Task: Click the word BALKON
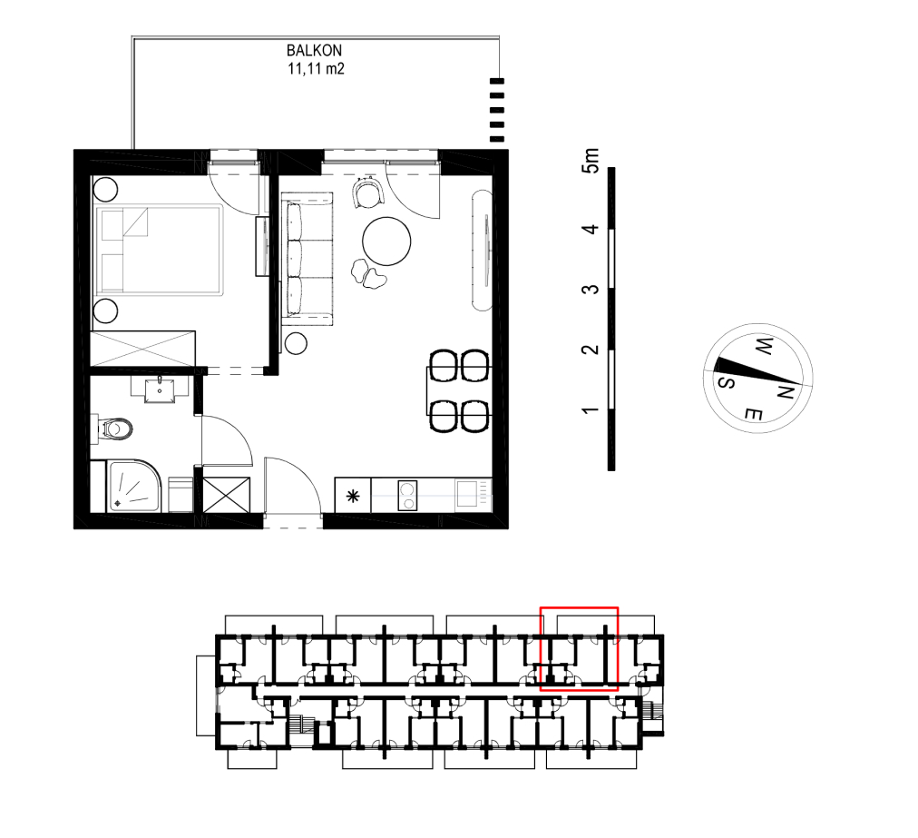pos(314,51)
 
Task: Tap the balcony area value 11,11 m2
pos(316,69)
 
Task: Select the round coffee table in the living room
pos(386,241)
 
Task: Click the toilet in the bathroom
pos(116,429)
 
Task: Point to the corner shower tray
pos(134,486)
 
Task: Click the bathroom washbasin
pos(160,389)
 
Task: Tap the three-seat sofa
pos(308,259)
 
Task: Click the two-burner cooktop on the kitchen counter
pos(407,495)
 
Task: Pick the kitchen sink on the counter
pos(467,493)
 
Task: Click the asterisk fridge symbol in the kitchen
pos(353,497)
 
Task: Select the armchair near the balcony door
pos(368,192)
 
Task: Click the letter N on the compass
pos(784,393)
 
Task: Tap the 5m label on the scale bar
pos(591,161)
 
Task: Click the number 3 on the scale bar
pos(591,290)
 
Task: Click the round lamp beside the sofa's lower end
pos(297,343)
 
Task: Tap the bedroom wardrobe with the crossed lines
pos(142,350)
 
